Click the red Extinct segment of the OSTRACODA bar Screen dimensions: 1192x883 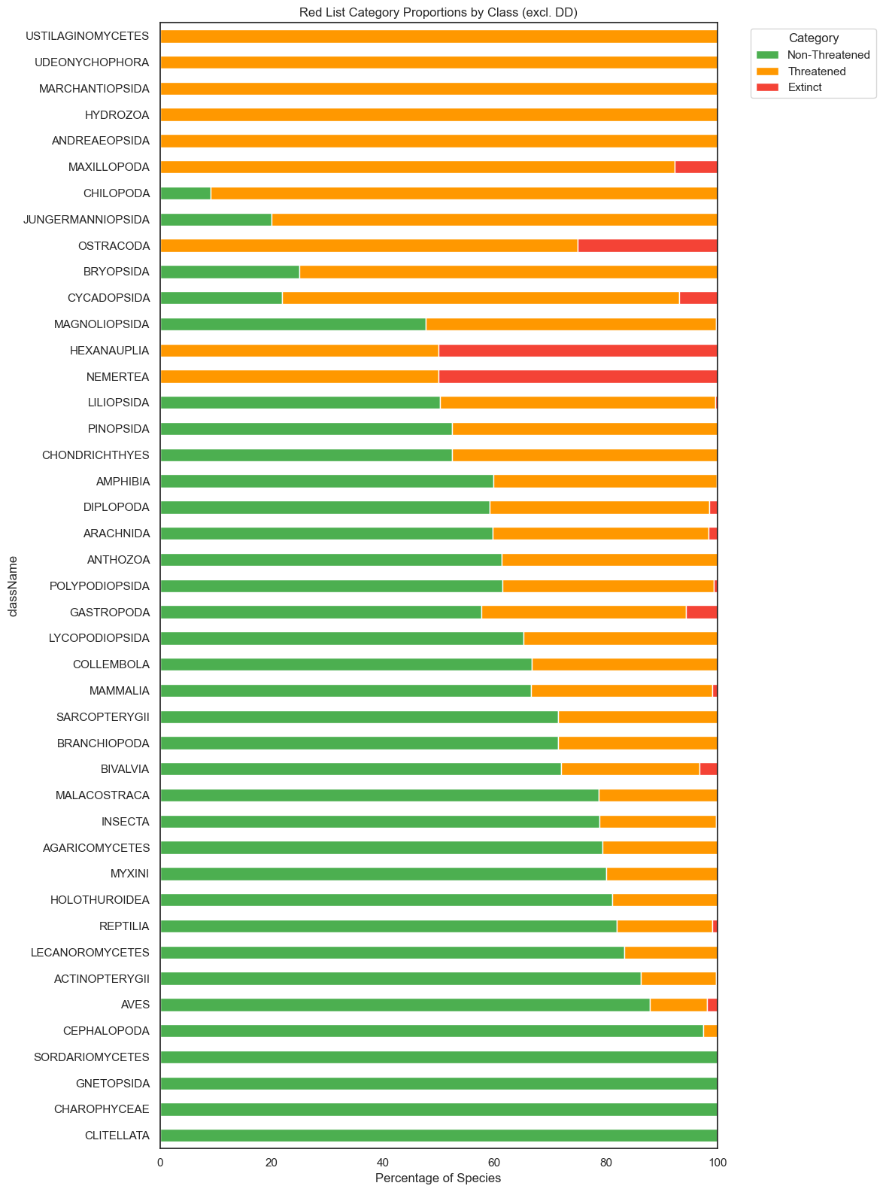[x=648, y=245]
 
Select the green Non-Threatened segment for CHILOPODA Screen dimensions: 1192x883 [x=185, y=193]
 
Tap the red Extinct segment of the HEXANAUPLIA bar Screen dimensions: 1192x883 [x=578, y=351]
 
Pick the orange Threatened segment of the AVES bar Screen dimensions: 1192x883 [x=678, y=1005]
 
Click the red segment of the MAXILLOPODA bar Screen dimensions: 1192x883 [x=696, y=167]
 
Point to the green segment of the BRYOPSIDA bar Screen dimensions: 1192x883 [x=229, y=272]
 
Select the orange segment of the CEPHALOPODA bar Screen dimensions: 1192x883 [x=710, y=1031]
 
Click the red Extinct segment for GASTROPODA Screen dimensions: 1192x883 [x=702, y=612]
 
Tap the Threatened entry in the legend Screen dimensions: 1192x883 [x=816, y=71]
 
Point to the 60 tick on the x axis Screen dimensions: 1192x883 [x=494, y=1163]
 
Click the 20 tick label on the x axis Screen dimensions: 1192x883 [x=272, y=1163]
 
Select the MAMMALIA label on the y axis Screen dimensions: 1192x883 [x=119, y=691]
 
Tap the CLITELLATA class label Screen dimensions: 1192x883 [x=117, y=1136]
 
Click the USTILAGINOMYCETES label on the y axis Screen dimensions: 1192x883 [x=87, y=36]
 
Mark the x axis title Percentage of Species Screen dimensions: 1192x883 [x=438, y=1178]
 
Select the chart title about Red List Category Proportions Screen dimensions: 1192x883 [x=438, y=12]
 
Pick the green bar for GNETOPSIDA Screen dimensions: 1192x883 [x=438, y=1084]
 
